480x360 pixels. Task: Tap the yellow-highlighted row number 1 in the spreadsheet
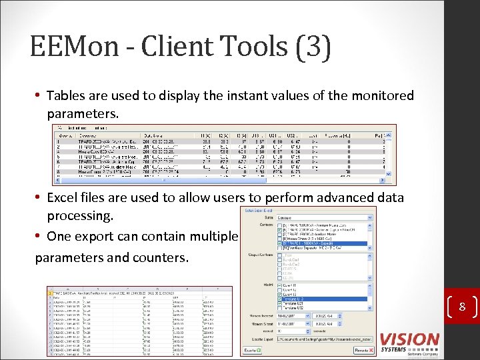(50, 292)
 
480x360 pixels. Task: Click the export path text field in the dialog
(324, 339)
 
